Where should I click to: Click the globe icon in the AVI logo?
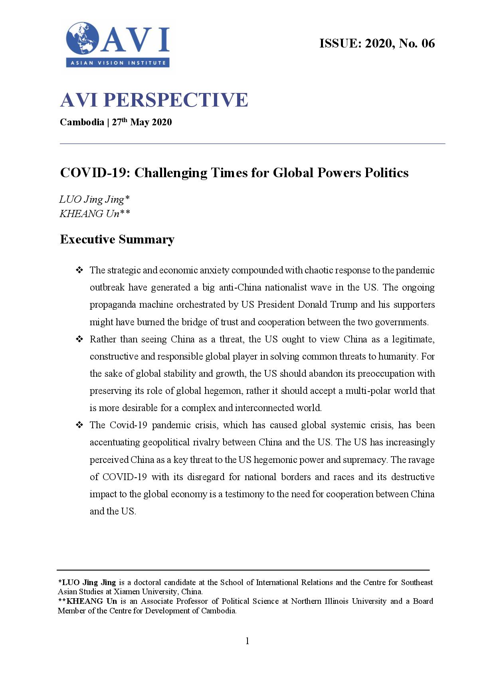click(x=83, y=38)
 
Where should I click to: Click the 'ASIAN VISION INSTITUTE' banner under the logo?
click(x=118, y=63)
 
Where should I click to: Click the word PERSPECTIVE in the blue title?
click(x=176, y=100)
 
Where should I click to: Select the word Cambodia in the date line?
click(x=82, y=122)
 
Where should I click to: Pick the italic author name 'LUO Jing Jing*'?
click(x=95, y=199)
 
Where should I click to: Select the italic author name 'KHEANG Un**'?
click(x=95, y=214)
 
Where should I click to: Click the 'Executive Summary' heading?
click(x=117, y=239)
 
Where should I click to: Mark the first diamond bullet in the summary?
click(x=79, y=270)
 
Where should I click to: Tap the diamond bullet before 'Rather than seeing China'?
click(x=79, y=339)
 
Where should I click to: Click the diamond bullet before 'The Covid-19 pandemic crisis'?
click(x=79, y=425)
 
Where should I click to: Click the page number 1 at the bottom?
click(x=247, y=641)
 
